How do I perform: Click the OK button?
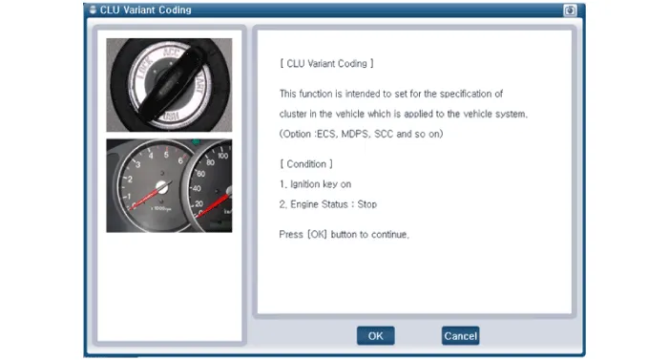(375, 336)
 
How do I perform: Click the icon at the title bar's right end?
(570, 11)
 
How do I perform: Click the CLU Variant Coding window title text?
(145, 10)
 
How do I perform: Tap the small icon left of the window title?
(93, 10)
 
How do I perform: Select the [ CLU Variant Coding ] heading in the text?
(326, 64)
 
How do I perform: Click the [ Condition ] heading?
(306, 164)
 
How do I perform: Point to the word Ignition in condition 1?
(305, 184)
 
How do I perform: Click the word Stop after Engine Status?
(366, 204)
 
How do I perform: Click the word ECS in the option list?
(326, 134)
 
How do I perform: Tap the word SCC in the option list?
(384, 134)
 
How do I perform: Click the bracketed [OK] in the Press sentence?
(317, 235)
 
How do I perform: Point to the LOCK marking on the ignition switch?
(145, 69)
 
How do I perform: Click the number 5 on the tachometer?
(166, 155)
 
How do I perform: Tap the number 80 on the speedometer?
(210, 162)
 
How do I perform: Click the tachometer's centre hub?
(162, 186)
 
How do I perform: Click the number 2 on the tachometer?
(130, 180)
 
